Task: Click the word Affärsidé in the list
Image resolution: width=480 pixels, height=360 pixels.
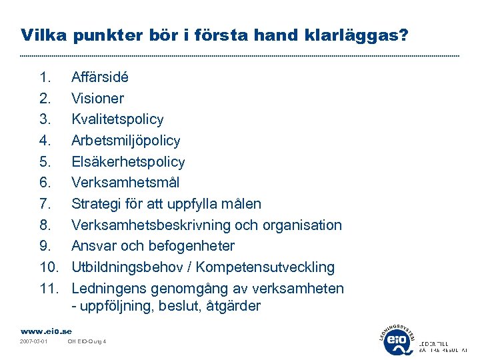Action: tap(100, 77)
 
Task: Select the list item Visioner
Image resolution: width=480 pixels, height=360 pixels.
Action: tap(97, 99)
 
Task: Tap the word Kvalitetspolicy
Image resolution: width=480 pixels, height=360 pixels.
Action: tap(117, 119)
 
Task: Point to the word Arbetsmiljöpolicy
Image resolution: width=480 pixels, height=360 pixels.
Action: tap(125, 141)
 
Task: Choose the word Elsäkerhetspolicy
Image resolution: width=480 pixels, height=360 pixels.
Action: tap(128, 162)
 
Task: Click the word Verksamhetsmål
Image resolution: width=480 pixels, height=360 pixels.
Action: tap(125, 183)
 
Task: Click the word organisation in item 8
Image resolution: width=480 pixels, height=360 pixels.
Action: tap(303, 225)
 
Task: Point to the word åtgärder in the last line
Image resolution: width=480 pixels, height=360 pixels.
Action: tap(234, 307)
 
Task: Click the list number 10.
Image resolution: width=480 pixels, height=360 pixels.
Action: tap(49, 267)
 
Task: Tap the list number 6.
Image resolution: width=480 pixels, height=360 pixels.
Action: tap(45, 183)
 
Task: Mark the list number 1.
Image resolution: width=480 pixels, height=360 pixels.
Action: tap(45, 77)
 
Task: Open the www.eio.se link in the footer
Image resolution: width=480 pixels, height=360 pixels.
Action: tap(46, 331)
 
